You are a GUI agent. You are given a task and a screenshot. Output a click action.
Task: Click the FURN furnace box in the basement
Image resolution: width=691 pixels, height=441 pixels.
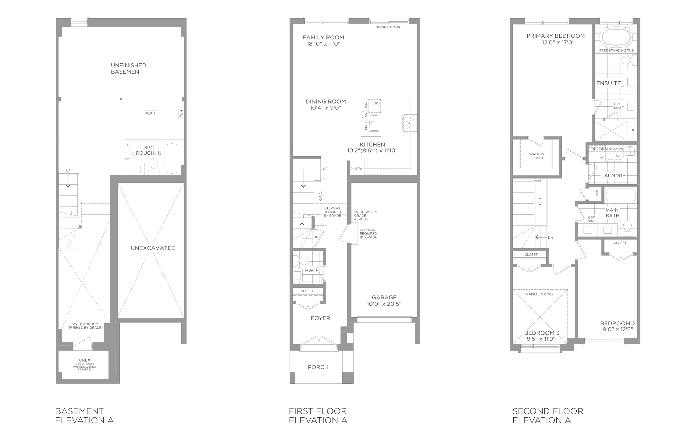tap(151, 117)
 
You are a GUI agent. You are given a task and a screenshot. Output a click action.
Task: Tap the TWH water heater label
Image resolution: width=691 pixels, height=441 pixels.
tap(181, 115)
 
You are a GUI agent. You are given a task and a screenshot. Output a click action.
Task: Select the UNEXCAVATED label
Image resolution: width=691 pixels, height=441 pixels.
tap(153, 248)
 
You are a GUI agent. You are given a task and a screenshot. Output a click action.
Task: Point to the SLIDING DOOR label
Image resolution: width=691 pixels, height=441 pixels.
tap(388, 27)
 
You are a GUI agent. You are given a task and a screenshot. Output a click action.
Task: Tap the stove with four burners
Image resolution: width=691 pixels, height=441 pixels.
tap(410, 123)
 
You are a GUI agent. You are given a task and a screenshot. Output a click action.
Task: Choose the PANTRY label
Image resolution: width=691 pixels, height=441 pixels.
tap(357, 169)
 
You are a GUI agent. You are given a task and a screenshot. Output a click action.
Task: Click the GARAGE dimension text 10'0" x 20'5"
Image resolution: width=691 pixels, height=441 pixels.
tap(384, 304)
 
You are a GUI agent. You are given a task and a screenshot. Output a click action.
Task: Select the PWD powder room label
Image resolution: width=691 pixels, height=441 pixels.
tap(311, 270)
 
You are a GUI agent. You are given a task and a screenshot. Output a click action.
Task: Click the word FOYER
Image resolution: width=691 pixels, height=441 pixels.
tap(320, 318)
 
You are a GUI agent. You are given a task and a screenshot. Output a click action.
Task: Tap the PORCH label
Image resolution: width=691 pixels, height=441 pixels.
tap(318, 367)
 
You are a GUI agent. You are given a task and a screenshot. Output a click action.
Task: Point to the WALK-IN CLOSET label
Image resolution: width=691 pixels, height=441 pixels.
tap(537, 156)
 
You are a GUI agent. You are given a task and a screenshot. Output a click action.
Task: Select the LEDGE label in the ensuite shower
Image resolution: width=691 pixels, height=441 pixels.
tap(633, 131)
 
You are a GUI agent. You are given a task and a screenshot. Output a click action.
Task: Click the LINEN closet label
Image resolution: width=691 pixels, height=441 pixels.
tap(597, 195)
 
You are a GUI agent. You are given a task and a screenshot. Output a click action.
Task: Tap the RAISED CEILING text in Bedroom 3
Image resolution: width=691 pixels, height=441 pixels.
tap(539, 294)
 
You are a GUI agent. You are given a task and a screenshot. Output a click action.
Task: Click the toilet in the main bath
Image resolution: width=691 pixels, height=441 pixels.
tap(627, 228)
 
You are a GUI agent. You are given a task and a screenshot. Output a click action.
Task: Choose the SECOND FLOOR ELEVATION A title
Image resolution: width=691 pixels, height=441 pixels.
tap(548, 416)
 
